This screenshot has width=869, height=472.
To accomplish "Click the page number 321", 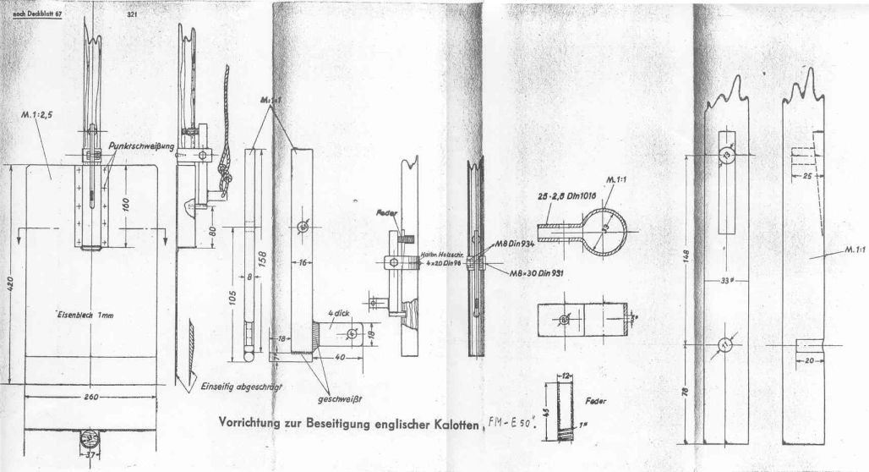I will pyautogui.click(x=132, y=15).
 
